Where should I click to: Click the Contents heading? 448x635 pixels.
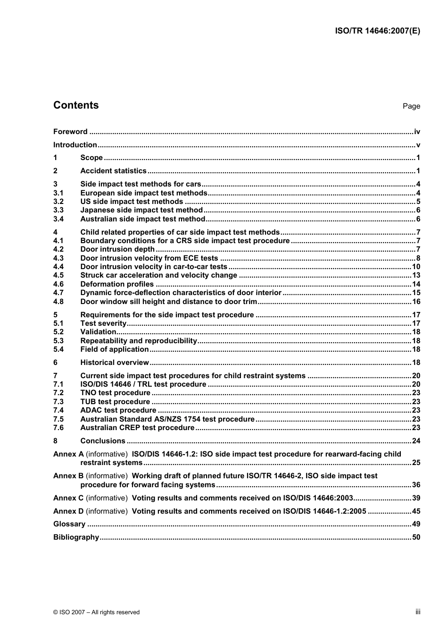(x=76, y=105)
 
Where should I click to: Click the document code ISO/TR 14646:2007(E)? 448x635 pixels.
(x=377, y=31)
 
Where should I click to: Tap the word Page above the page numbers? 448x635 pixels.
(x=411, y=106)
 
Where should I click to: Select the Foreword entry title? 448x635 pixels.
(x=70, y=132)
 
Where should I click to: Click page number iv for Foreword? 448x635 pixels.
(x=417, y=132)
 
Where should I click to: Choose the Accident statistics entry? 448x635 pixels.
(x=113, y=171)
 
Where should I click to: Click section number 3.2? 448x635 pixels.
(x=58, y=202)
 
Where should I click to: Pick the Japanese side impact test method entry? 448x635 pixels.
(x=141, y=210)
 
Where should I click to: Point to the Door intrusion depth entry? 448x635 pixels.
(x=117, y=249)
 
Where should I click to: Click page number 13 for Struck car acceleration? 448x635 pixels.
(x=416, y=275)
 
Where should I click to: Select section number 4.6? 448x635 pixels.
(x=58, y=284)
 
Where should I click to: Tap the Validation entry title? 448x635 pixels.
(x=98, y=332)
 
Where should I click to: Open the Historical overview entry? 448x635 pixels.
(x=115, y=363)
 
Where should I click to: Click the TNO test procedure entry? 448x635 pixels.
(x=115, y=393)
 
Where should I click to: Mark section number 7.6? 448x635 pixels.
(x=58, y=428)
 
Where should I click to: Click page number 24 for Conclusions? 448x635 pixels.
(x=416, y=441)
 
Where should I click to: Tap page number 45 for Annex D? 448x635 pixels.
(x=416, y=511)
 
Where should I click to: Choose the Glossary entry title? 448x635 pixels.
(x=69, y=524)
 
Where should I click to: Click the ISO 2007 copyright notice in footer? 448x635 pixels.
(x=97, y=612)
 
